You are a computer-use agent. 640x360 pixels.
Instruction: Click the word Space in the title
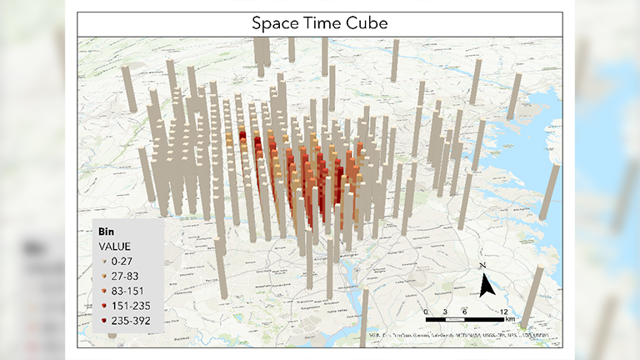point(274,23)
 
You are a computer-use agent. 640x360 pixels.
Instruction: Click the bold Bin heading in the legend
point(106,231)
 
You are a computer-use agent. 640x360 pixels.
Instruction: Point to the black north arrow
point(488,286)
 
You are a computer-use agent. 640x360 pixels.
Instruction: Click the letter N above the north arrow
point(483,266)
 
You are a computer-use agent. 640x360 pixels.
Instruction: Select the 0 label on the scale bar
point(427,311)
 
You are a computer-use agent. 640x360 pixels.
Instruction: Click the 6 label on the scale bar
point(466,311)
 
